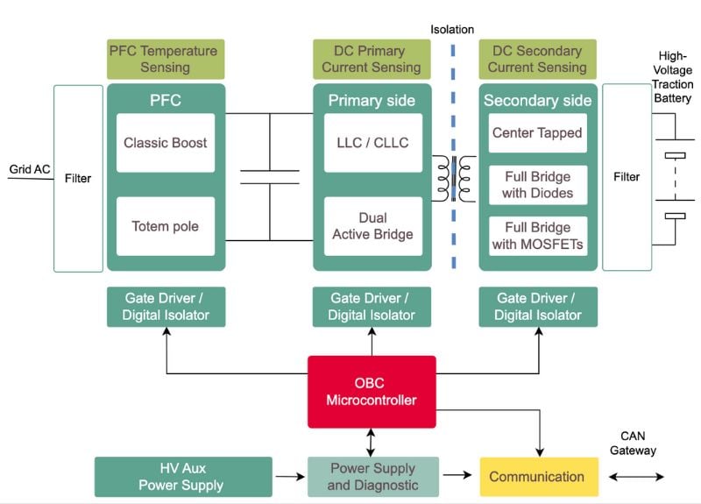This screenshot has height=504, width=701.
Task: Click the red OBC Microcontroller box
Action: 372,392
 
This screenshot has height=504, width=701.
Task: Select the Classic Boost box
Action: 166,143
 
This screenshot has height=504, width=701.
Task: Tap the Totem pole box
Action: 166,226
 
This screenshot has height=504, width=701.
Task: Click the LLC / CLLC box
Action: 372,143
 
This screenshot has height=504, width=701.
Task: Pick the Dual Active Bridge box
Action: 372,226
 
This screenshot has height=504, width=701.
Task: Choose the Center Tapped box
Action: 538,133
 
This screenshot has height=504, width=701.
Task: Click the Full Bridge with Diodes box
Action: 538,185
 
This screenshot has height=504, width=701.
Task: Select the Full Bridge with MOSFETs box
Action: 538,236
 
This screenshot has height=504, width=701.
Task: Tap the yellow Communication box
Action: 536,477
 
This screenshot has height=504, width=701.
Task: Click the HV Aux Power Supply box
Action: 183,477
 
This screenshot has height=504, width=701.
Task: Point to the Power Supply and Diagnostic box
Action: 372,477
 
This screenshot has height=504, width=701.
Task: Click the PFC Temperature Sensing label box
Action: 166,60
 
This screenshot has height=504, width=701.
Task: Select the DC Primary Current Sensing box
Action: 372,60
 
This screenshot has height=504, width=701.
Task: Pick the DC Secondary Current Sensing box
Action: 538,60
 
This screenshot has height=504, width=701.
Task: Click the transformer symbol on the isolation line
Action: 454,178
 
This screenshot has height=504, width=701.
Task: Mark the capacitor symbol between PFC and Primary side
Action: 269,176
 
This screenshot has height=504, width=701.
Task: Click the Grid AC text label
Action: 30,169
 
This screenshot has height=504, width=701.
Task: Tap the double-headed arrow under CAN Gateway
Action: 637,477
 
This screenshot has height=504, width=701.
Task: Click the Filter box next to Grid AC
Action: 78,178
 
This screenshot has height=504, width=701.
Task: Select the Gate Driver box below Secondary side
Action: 538,307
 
